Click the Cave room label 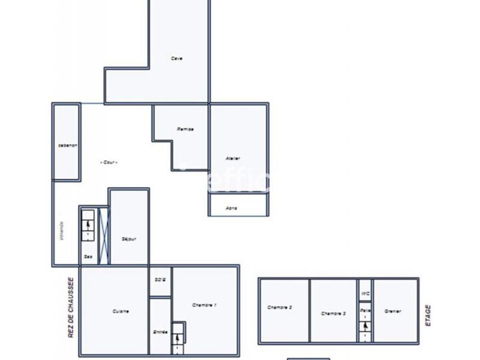(176, 58)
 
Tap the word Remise (185, 130)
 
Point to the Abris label (231, 208)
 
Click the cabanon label (67, 145)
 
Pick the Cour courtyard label (109, 162)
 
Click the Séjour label (129, 239)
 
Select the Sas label (88, 256)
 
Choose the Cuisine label (121, 311)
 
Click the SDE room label (160, 280)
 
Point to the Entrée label (160, 331)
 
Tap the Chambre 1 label (204, 305)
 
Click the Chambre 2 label (280, 308)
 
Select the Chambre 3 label (333, 313)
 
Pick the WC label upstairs (365, 293)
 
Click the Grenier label (393, 311)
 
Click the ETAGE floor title (428, 315)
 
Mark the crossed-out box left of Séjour (103, 235)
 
